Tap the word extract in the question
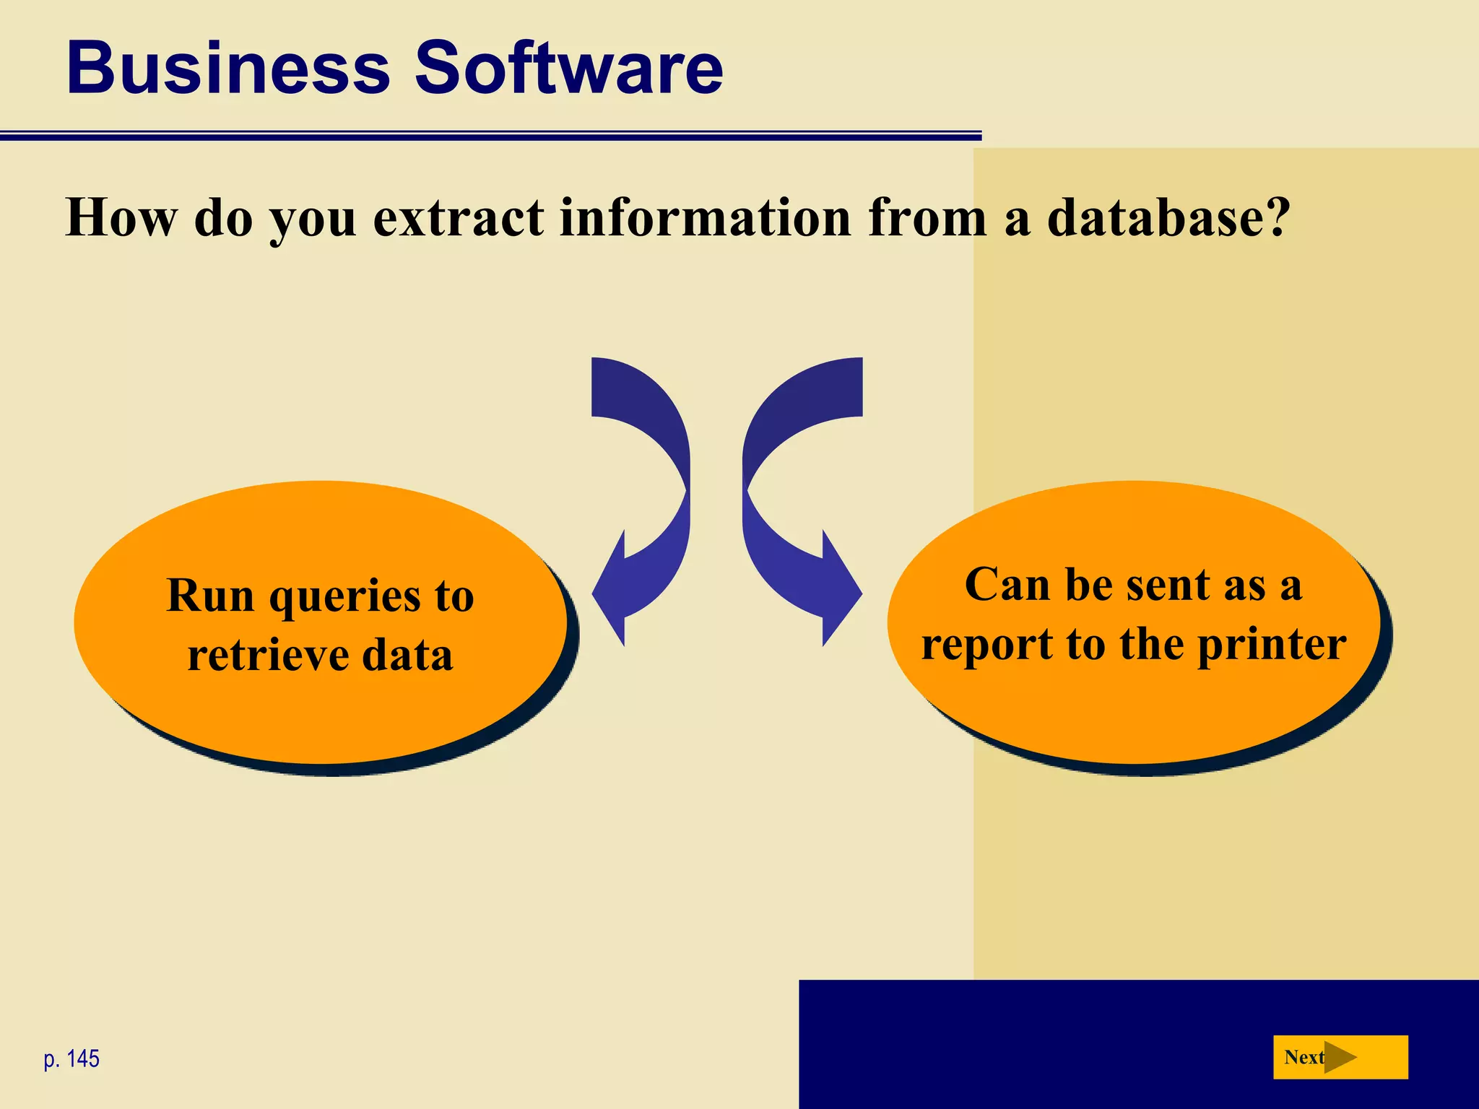(x=459, y=217)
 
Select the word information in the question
(x=706, y=217)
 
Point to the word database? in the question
(x=1168, y=217)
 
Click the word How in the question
(x=121, y=217)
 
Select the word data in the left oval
(x=407, y=656)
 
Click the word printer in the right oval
(x=1272, y=645)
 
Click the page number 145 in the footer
(x=82, y=1059)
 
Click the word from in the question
(x=927, y=217)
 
